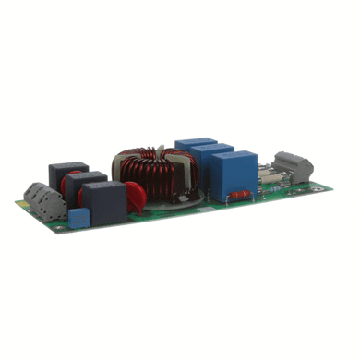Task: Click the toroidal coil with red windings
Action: point(152,172)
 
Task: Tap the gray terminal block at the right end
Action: point(294,166)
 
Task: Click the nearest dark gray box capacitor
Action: point(105,202)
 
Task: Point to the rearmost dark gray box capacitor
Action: point(67,175)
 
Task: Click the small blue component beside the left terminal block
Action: point(78,218)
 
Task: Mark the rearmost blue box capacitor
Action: point(194,148)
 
